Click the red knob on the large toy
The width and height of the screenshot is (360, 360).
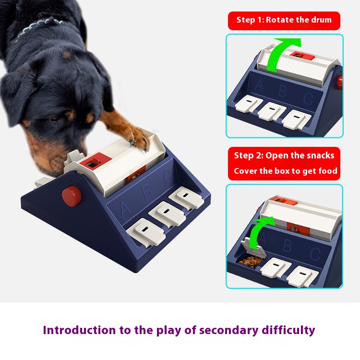point(72,196)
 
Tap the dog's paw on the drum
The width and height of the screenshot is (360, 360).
point(137,139)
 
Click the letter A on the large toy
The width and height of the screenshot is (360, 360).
point(125,209)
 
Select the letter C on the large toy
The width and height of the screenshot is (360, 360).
point(168,177)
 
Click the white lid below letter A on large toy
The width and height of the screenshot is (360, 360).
point(146,232)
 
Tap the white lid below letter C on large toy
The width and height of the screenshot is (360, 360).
point(186,198)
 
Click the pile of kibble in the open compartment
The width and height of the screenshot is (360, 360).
point(251,262)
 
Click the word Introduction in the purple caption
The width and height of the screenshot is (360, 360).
point(80,331)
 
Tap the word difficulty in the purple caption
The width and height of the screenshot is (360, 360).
point(288,331)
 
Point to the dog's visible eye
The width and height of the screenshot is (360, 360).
point(54,119)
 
